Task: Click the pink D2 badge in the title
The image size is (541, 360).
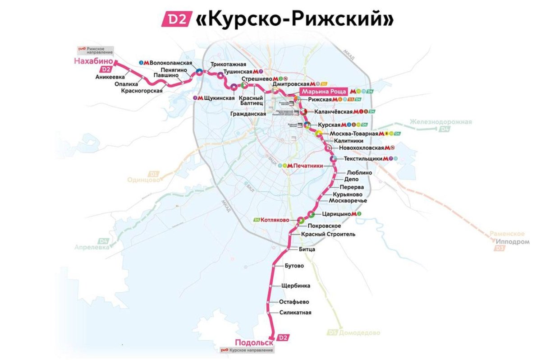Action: (177, 19)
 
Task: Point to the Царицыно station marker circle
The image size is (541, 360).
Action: (311, 214)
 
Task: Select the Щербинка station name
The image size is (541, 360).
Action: (295, 286)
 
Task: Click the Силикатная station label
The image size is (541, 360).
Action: (295, 313)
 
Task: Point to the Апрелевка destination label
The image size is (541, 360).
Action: (92, 248)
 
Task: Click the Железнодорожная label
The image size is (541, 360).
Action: (440, 122)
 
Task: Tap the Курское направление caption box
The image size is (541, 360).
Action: (246, 350)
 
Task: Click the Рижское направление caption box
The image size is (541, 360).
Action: (95, 51)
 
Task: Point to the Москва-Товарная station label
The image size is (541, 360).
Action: (353, 134)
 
